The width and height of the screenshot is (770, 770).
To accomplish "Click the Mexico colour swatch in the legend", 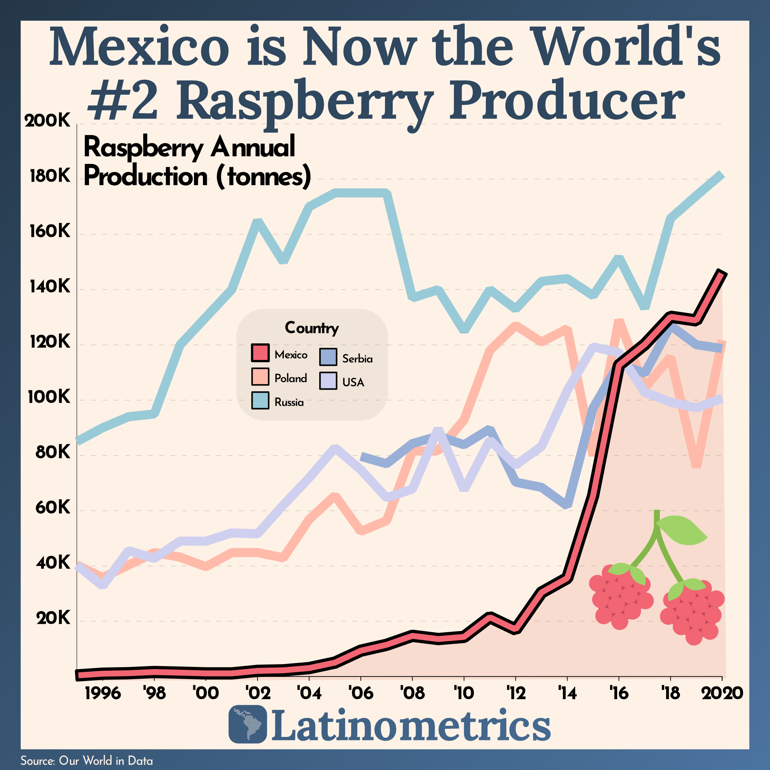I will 260,353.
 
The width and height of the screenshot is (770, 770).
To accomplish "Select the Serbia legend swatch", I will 328,357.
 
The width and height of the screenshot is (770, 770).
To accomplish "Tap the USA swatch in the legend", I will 328,381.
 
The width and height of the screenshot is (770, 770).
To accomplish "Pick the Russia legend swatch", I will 260,400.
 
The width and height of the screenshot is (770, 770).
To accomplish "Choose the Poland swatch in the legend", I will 260,377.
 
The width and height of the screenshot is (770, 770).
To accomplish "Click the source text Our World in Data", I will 105,761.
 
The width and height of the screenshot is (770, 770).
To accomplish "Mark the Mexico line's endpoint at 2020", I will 722,273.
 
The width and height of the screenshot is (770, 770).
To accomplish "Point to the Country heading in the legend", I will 312,328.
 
